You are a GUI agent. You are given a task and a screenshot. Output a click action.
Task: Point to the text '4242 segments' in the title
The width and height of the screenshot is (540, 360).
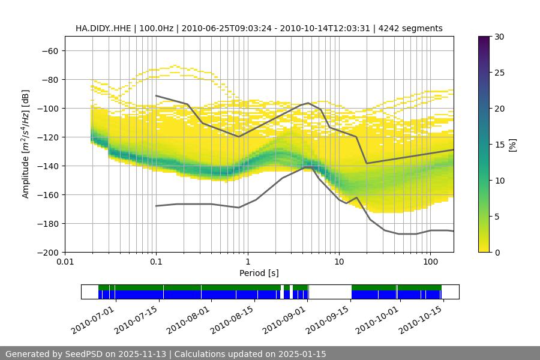click(x=415, y=28)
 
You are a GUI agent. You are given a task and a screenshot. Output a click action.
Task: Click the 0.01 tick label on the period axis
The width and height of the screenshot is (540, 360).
click(x=65, y=262)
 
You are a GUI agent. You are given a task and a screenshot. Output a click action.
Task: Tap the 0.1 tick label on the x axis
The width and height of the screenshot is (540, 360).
click(x=156, y=262)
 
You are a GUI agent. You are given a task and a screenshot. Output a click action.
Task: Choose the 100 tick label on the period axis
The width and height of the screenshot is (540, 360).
click(x=430, y=262)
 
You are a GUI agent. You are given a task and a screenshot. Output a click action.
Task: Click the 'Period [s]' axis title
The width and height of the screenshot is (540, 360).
click(x=259, y=273)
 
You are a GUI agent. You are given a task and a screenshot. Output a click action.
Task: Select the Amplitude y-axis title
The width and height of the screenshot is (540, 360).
click(x=26, y=144)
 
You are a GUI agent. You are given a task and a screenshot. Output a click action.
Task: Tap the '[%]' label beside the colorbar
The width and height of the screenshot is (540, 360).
click(x=512, y=144)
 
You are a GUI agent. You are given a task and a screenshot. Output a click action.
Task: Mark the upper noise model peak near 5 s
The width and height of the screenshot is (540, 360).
click(x=308, y=103)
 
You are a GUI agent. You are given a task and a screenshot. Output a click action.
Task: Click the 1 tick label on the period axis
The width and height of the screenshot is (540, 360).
click(x=248, y=262)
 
